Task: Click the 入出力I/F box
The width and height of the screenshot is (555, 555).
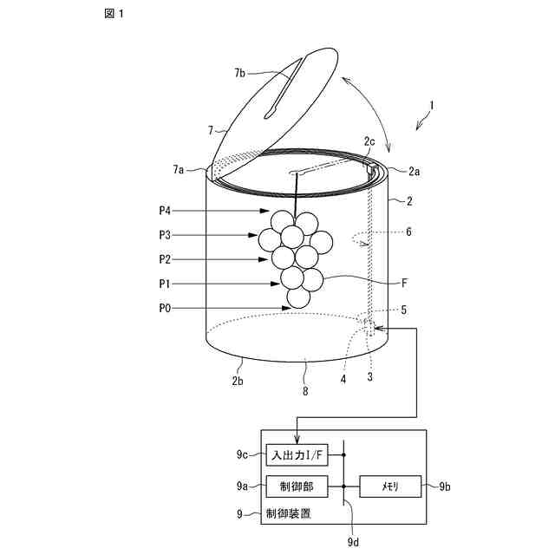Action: coord(297,454)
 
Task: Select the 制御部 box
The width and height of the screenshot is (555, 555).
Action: coord(297,487)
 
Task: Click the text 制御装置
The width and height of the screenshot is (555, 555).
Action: coord(293,514)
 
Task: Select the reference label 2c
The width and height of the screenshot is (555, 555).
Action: coord(369,140)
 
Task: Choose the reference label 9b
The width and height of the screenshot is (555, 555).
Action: coord(445,487)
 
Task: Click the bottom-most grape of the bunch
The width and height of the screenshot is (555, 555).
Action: coord(298,297)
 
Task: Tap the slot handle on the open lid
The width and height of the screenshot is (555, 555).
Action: coord(284,87)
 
